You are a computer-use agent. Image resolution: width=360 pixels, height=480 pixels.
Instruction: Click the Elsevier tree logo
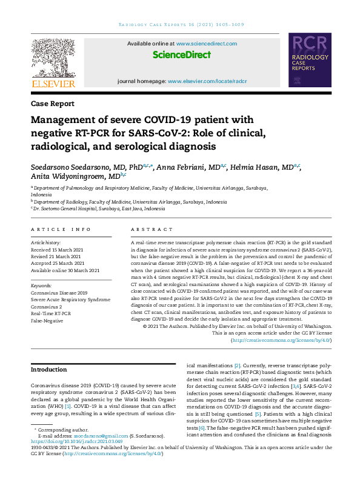point(53,58)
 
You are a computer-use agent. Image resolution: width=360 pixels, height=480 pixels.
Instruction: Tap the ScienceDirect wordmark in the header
point(182,55)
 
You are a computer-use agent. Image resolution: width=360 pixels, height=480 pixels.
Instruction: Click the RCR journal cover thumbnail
point(310,61)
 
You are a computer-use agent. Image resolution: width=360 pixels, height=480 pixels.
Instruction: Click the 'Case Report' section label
point(53,104)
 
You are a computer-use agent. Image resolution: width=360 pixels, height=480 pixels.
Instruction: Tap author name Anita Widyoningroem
point(68,176)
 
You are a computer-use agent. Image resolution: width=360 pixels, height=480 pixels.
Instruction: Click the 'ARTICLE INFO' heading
point(61,230)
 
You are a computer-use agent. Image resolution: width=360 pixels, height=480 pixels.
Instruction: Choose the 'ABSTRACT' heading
point(147,230)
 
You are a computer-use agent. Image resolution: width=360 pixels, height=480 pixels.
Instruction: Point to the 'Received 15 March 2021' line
point(58,249)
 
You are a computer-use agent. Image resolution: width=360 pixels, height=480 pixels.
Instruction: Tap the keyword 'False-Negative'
point(47,320)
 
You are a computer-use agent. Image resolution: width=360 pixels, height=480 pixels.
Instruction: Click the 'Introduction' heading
point(48,369)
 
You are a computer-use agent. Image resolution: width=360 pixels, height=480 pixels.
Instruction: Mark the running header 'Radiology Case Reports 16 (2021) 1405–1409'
point(181,24)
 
